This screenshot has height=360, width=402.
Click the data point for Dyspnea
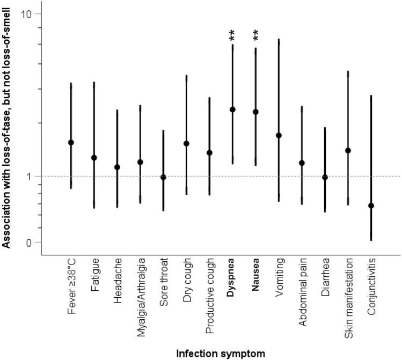(232, 109)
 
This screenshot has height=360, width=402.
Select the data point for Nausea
(255, 112)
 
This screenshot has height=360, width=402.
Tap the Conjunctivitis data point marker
(370, 205)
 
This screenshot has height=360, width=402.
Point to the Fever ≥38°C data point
(71, 142)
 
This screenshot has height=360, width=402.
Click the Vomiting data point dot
(279, 135)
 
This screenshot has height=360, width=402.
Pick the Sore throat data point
(163, 177)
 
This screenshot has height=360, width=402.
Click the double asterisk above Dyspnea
(232, 36)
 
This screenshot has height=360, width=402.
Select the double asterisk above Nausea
(255, 36)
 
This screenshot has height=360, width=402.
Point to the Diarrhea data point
(325, 177)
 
